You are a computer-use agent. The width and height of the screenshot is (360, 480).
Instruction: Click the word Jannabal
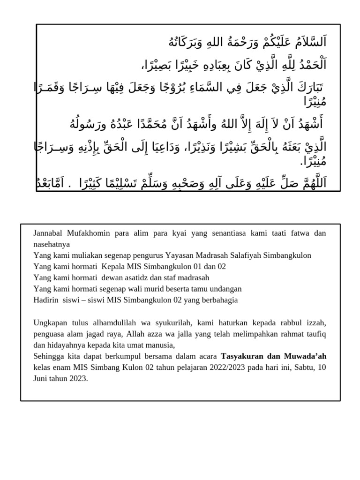tap(48, 233)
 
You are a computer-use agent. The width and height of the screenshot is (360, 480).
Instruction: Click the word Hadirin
tap(46, 300)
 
